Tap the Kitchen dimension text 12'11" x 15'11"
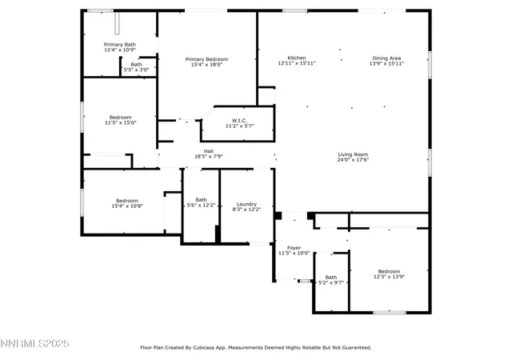coord(297,63)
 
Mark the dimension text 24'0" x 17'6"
coord(353,159)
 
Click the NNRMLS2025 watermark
coord(35,344)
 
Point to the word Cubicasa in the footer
coord(210,347)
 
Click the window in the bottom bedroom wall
coord(390,313)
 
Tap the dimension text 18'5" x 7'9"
coord(209,156)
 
